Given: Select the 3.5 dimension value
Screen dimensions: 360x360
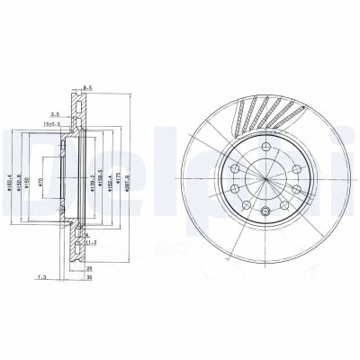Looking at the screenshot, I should (x=55, y=115).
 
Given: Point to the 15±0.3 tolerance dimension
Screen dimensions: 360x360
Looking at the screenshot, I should (x=60, y=125).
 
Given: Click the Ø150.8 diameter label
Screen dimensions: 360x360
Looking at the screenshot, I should (x=22, y=180).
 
